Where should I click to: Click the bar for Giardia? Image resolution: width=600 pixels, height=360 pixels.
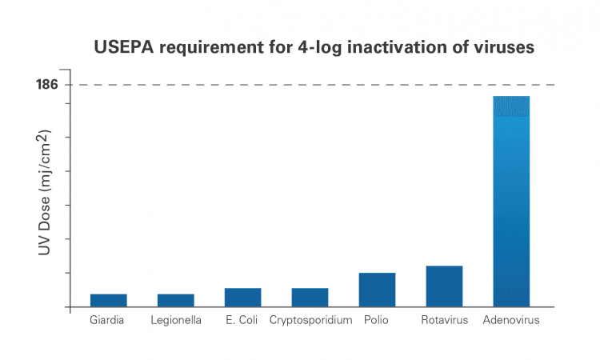pyautogui.click(x=109, y=300)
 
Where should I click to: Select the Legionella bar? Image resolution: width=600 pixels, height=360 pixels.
pyautogui.click(x=176, y=300)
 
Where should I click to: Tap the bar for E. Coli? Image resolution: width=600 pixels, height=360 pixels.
pyautogui.click(x=243, y=298)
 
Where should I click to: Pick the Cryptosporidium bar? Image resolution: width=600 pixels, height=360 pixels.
pyautogui.click(x=310, y=298)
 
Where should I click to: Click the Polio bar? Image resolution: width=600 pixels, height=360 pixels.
pyautogui.click(x=377, y=290)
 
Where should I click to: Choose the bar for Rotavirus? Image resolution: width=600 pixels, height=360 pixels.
pyautogui.click(x=444, y=286)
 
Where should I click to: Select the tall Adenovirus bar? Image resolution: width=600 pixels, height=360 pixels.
pyautogui.click(x=511, y=202)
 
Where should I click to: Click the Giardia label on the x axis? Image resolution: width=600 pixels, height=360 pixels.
pyautogui.click(x=106, y=320)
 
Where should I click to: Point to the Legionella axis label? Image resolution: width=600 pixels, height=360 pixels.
pyautogui.click(x=176, y=320)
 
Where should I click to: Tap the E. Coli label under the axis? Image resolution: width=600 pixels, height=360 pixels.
pyautogui.click(x=242, y=320)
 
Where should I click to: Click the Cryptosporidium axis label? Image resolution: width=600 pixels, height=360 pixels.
pyautogui.click(x=310, y=320)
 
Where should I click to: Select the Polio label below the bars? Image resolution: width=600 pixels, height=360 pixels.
pyautogui.click(x=376, y=320)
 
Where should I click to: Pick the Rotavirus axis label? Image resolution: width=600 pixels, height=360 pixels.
pyautogui.click(x=445, y=320)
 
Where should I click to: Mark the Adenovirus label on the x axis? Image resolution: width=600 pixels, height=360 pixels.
pyautogui.click(x=511, y=320)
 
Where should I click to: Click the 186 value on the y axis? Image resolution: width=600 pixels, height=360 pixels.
pyautogui.click(x=47, y=84)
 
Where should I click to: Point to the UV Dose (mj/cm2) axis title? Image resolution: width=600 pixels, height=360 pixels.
pyautogui.click(x=45, y=193)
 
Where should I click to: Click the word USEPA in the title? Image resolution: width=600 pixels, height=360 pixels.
pyautogui.click(x=123, y=47)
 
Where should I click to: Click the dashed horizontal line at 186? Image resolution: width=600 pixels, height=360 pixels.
pyautogui.click(x=313, y=85)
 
